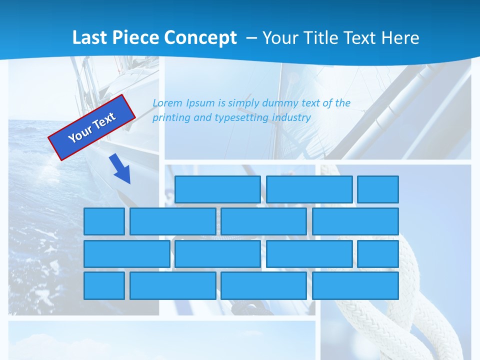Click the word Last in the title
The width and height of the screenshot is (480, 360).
pos(89,38)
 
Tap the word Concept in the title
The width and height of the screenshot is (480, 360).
pos(200,38)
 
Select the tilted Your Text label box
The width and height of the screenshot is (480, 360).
pos(92,127)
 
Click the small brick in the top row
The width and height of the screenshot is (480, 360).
pos(378,189)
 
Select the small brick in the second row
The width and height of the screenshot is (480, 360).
pos(104,221)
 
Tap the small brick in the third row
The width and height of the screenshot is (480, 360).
pos(378,253)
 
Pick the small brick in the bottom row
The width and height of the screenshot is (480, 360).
pos(104,285)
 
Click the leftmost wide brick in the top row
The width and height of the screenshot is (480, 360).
pos(217,189)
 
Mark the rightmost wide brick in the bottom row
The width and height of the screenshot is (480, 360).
pos(355,285)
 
